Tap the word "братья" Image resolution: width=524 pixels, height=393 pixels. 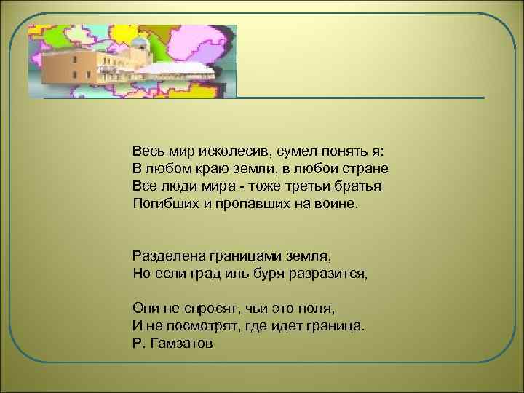[360, 186]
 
